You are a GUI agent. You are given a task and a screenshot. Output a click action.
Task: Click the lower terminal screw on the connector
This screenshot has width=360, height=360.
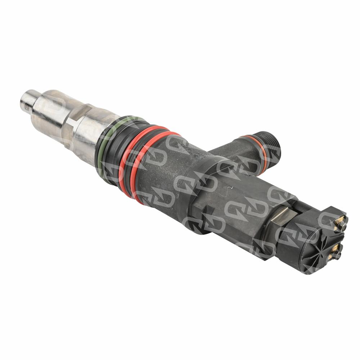[338, 255]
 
